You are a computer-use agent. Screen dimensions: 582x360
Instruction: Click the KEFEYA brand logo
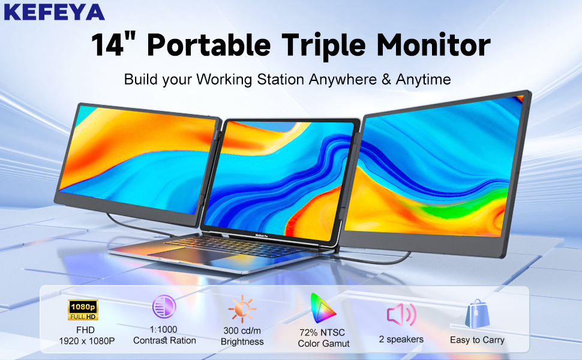pos(54,11)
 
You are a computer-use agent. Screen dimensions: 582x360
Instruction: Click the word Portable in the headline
pos(209,45)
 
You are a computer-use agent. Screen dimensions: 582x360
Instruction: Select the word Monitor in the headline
pos(434,44)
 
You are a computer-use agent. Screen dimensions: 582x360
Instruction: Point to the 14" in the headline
pos(113,44)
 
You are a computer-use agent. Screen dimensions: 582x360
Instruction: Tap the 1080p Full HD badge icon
pos(83,310)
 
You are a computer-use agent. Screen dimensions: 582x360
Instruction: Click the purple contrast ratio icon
pos(164,307)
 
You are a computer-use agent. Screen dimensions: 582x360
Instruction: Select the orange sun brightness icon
pos(242,308)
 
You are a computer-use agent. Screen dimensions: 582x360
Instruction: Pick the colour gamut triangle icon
pos(323,308)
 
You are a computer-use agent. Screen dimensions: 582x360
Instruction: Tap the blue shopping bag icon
pos(478,314)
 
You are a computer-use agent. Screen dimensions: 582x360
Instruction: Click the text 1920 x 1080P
pos(87,341)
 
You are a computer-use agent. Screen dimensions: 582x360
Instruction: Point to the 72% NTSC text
pos(322,332)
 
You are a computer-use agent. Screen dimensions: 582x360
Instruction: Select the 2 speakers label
pos(401,339)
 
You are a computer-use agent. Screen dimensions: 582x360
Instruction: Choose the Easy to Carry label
pos(478,340)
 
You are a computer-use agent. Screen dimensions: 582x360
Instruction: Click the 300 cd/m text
pos(242,331)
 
